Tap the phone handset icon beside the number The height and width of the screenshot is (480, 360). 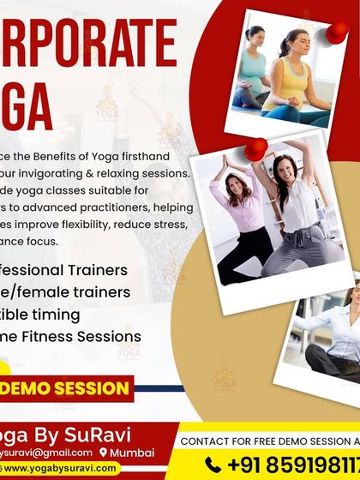click(214, 465)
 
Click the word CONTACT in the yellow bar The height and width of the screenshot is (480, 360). click(205, 441)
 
